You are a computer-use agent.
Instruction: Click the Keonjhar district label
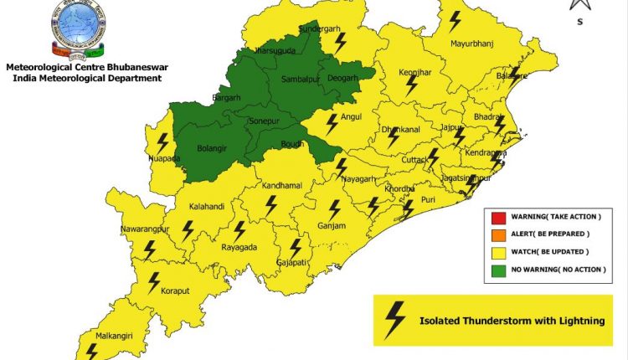click(x=414, y=72)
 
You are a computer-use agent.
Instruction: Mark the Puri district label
click(x=429, y=199)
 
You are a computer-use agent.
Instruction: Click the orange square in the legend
click(x=498, y=234)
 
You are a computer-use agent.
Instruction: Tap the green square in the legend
click(x=498, y=269)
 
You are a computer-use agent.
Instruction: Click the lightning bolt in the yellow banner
click(x=394, y=318)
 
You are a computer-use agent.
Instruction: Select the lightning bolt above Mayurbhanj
click(x=455, y=20)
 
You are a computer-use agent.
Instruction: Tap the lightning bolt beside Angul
click(x=332, y=124)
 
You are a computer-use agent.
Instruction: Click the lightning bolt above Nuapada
click(x=162, y=142)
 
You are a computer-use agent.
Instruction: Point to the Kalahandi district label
click(x=207, y=205)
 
